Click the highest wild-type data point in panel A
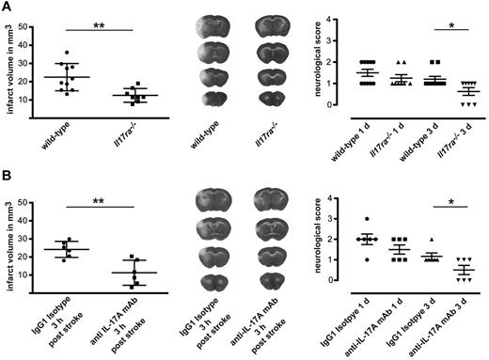65,53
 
